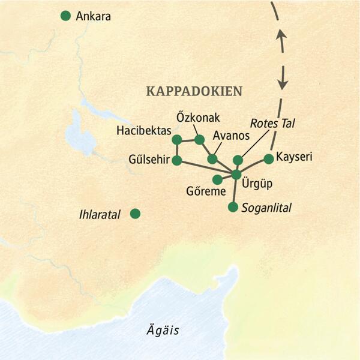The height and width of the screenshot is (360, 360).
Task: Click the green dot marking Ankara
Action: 65,16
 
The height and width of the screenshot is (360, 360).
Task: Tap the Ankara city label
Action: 93,16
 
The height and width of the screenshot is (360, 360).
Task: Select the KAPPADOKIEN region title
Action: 194,91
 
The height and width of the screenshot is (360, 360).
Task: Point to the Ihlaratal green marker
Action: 136,213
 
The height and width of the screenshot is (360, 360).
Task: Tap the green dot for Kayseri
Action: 269,159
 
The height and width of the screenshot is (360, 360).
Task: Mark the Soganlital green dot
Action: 233,207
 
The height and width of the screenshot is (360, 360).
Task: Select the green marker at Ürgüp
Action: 236,175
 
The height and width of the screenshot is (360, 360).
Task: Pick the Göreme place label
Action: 206,192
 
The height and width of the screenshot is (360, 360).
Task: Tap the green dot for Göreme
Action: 217,179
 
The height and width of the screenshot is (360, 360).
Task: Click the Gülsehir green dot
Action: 176,160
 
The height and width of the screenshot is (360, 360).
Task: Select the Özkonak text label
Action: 196,116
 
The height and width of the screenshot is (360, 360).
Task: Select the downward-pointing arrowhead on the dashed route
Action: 283,82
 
